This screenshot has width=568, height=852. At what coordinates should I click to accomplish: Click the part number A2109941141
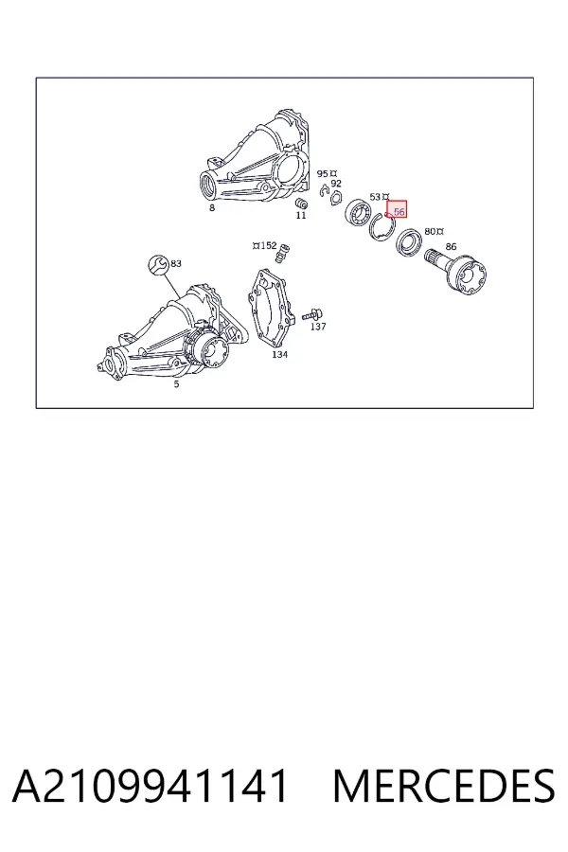click(150, 786)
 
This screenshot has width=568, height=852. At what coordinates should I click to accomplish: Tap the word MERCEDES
click(444, 786)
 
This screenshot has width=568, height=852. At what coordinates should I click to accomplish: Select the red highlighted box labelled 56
click(397, 211)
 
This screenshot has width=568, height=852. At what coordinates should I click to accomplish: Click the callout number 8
click(212, 207)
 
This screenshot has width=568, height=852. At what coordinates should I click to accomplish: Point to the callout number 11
click(301, 215)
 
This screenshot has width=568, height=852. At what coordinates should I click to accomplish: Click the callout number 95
click(322, 173)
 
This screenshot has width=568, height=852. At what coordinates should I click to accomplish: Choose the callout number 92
click(336, 184)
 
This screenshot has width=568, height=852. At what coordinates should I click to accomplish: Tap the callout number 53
click(375, 196)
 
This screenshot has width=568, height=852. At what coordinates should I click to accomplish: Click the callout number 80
click(430, 232)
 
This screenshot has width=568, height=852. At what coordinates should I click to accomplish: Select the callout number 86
click(451, 247)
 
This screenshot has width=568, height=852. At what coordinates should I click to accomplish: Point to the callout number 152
click(269, 245)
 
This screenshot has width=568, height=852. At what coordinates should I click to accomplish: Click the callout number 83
click(175, 263)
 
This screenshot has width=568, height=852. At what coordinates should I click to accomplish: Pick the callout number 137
click(318, 326)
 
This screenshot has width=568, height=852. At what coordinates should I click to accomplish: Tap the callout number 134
click(279, 355)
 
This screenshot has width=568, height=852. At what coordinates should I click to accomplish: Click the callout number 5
click(176, 384)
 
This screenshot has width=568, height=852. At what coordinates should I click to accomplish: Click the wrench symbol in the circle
click(158, 265)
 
